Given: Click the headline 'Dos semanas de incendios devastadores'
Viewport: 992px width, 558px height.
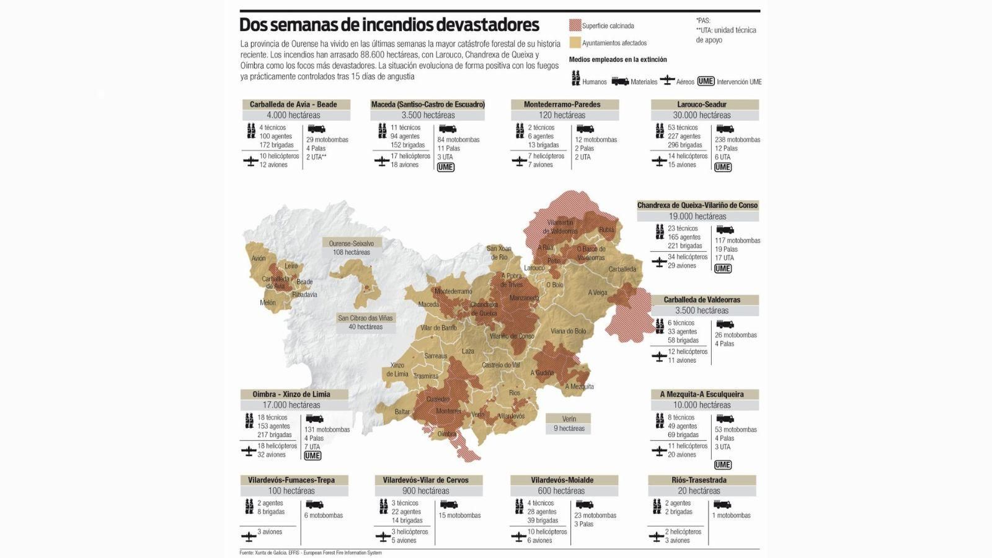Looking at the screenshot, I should pyautogui.click(x=389, y=25).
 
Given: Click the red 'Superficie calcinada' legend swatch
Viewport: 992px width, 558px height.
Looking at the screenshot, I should pyautogui.click(x=575, y=25).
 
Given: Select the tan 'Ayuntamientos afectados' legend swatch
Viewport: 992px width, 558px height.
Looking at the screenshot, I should pyautogui.click(x=575, y=43).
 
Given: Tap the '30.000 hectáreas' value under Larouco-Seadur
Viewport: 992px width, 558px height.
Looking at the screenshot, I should pyautogui.click(x=702, y=115).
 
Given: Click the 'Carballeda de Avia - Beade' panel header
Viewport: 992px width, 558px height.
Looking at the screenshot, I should pyautogui.click(x=293, y=104).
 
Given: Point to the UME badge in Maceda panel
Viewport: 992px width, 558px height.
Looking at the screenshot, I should pyautogui.click(x=445, y=167).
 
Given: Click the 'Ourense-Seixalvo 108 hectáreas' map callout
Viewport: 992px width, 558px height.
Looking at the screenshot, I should pyautogui.click(x=351, y=248).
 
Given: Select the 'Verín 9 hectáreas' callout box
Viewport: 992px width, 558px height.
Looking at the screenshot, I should pyautogui.click(x=569, y=423).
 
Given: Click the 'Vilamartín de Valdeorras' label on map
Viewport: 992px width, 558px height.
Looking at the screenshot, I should pyautogui.click(x=560, y=226).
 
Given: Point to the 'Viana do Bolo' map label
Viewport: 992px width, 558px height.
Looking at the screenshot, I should pyautogui.click(x=568, y=331).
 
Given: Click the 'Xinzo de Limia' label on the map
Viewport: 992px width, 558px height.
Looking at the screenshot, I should pyautogui.click(x=397, y=370).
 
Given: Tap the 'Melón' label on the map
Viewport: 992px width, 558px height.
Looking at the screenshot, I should pyautogui.click(x=267, y=303).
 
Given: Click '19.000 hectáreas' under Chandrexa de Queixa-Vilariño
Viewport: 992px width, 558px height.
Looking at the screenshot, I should pyautogui.click(x=697, y=216).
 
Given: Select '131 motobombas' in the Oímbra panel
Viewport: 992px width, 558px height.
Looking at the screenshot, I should pyautogui.click(x=327, y=430).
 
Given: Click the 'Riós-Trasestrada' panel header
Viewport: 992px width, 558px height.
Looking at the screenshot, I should pyautogui.click(x=699, y=480).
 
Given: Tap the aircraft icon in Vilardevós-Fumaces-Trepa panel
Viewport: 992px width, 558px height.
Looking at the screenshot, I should pyautogui.click(x=249, y=536).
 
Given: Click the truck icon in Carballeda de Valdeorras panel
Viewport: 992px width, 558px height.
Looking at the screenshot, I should pyautogui.click(x=724, y=324).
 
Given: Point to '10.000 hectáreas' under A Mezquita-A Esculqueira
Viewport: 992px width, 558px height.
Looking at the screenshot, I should pyautogui.click(x=702, y=405).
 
